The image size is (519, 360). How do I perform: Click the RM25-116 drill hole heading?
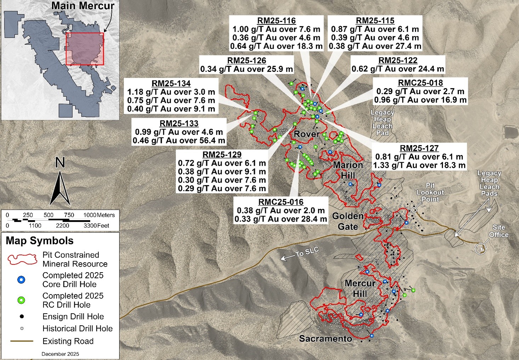click(x=276, y=21)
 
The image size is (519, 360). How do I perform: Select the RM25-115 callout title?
click(x=375, y=21)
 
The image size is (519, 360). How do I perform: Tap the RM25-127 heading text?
click(x=419, y=148)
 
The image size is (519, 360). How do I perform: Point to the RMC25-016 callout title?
click(x=281, y=202)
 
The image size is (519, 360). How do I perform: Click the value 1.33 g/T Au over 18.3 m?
click(x=419, y=165)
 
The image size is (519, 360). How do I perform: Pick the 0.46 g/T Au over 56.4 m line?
click(x=179, y=141)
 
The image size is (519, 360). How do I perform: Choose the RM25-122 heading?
click(x=398, y=61)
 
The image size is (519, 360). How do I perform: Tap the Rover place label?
click(x=307, y=134)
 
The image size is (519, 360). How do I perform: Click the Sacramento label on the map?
click(x=326, y=339)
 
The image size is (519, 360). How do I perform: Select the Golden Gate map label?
click(x=348, y=221)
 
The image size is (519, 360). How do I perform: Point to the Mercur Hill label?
click(x=360, y=288)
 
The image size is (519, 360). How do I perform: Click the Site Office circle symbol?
click(x=480, y=248)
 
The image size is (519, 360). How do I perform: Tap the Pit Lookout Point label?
click(x=430, y=192)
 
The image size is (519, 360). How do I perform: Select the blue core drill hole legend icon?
click(x=21, y=280)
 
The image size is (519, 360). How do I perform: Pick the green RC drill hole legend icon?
click(x=21, y=301)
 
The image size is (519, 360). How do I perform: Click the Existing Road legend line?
click(x=22, y=341)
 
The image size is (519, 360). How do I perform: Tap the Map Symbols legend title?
click(x=40, y=241)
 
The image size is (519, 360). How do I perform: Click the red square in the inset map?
click(x=85, y=49)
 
